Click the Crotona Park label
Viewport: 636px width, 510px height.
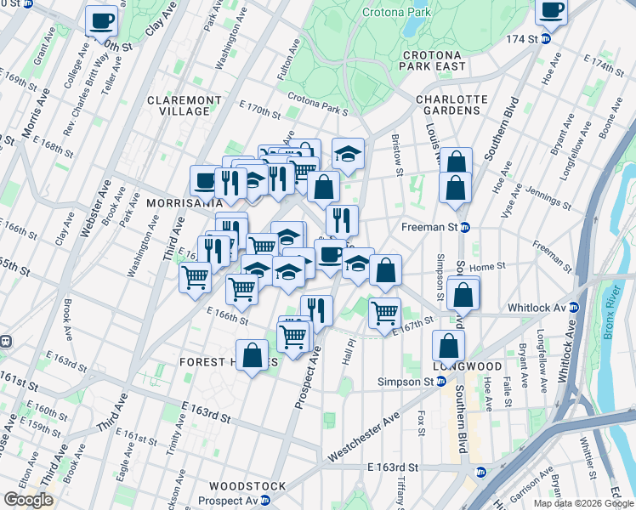395,13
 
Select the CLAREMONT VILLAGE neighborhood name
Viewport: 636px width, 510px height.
178,105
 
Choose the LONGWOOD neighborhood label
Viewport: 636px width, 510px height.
467,366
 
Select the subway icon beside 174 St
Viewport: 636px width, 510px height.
547,39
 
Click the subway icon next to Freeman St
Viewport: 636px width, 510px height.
478,227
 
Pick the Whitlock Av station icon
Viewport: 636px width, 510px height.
575,307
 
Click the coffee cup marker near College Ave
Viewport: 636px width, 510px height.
102,20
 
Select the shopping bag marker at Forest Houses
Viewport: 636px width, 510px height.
253,355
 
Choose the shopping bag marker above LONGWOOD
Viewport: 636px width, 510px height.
448,345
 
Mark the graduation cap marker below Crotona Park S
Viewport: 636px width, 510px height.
348,153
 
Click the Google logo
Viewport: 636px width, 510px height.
29,500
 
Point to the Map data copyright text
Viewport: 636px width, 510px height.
582,503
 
